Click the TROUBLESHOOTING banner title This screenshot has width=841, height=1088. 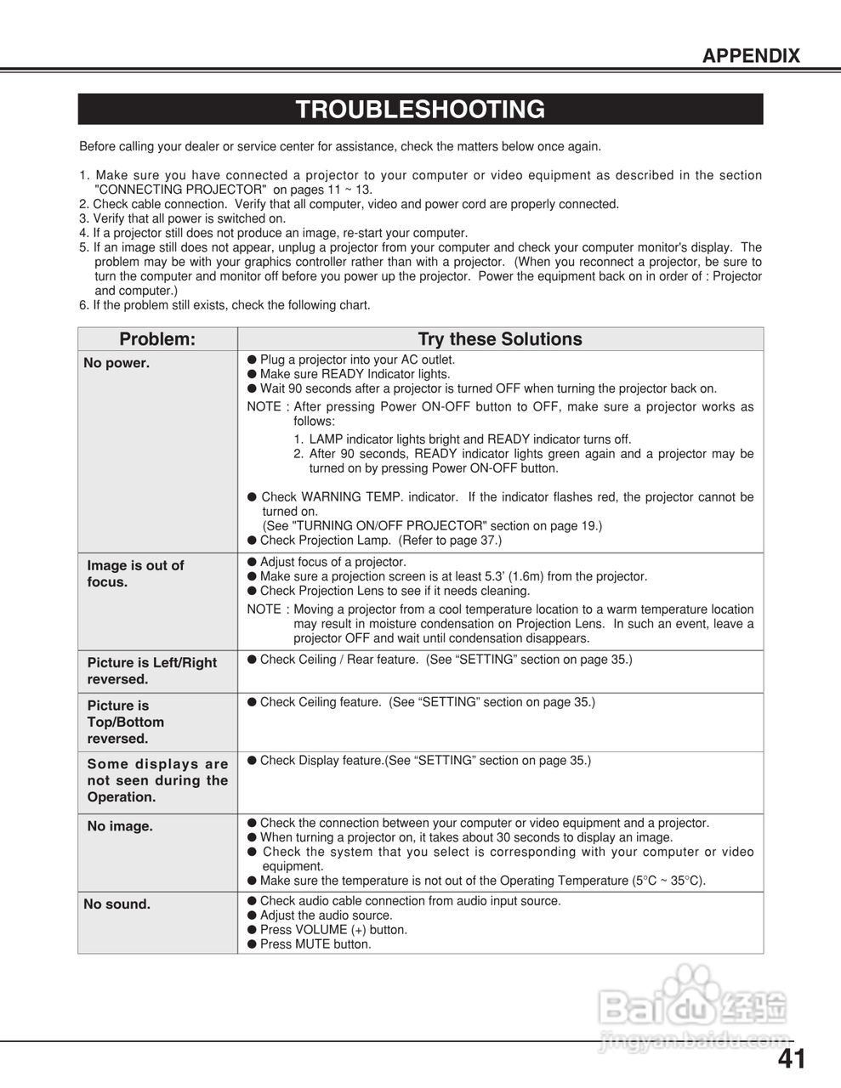[420, 110]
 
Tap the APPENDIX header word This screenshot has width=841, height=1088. [751, 56]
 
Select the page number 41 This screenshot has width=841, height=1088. [791, 1059]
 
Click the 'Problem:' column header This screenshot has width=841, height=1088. [157, 339]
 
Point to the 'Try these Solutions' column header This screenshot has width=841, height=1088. [500, 339]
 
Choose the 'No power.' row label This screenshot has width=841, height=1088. [116, 364]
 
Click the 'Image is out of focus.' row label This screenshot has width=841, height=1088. [135, 574]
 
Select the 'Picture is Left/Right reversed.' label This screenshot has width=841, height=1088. [151, 671]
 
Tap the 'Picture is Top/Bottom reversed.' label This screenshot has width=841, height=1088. [126, 722]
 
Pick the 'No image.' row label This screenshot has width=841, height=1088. [120, 826]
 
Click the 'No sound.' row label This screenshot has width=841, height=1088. [116, 904]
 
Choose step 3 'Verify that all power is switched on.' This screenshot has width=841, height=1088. [182, 218]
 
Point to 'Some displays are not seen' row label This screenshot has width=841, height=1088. [157, 780]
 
